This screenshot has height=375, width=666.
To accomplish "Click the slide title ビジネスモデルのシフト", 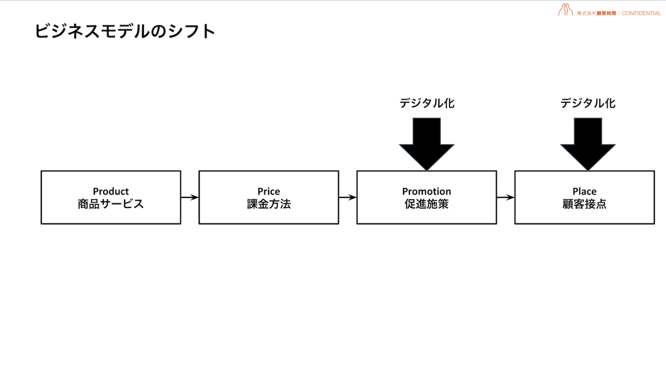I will [125, 31].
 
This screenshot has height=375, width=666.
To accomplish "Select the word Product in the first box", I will [111, 191].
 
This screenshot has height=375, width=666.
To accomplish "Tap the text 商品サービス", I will [111, 204].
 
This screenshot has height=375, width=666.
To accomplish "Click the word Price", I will [268, 191].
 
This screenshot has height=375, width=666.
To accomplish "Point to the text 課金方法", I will [268, 204].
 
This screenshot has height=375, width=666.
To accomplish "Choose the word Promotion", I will [426, 191].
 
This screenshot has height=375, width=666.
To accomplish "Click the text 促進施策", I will [426, 204].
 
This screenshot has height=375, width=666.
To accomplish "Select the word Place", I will [584, 191].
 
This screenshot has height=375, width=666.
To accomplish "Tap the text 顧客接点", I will [584, 204].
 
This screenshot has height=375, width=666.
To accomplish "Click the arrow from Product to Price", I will [189, 197].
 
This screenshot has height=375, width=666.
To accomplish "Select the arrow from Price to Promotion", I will [347, 197].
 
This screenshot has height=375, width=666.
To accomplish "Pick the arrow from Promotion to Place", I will [505, 197].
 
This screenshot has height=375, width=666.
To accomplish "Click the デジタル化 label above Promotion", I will [427, 103].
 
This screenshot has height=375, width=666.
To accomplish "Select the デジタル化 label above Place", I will [588, 103].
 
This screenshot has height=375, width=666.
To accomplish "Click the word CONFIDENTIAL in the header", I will [641, 13].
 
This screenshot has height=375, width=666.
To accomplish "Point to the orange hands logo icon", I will [565, 10].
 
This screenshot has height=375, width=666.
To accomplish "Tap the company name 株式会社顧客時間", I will [596, 13].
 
